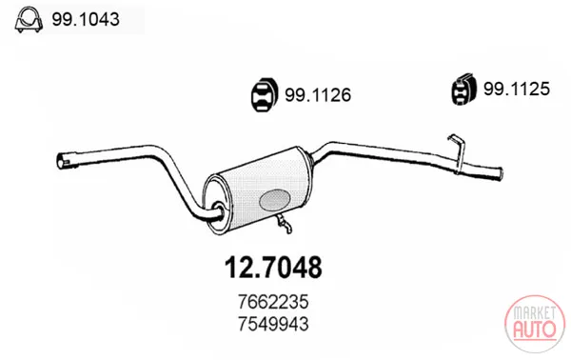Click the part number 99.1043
click(x=86, y=19)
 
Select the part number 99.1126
click(x=318, y=95)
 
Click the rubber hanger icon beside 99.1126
click(x=265, y=94)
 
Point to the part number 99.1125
click(x=517, y=89)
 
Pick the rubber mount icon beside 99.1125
click(x=463, y=90)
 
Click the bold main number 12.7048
click(x=273, y=268)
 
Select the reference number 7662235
click(x=273, y=302)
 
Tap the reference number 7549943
click(x=273, y=324)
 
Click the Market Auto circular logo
click(x=535, y=324)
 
